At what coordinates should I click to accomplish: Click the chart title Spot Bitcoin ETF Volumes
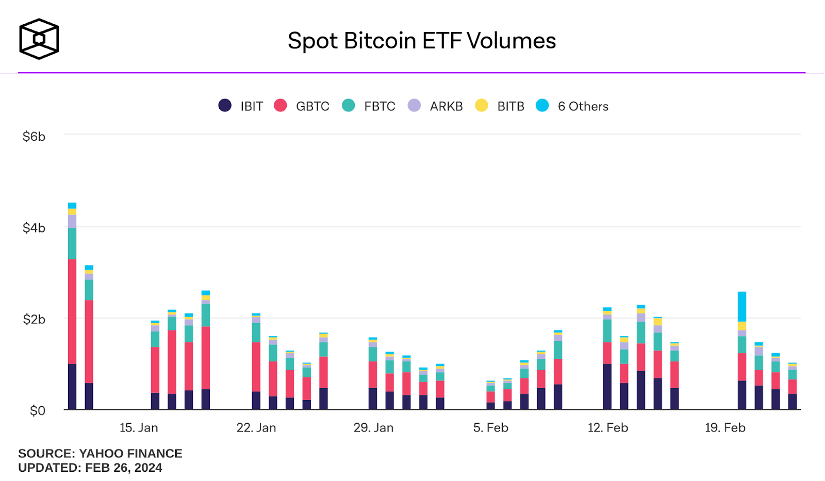tap(422, 41)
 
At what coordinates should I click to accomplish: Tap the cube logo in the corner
tap(39, 39)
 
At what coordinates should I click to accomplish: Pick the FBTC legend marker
tap(349, 106)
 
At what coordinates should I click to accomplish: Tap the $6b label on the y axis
tap(34, 137)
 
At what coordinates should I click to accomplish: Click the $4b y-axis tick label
tap(34, 228)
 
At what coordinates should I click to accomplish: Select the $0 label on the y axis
tap(37, 411)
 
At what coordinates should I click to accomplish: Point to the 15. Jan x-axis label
tap(139, 427)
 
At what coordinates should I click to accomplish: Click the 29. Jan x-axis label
tap(373, 427)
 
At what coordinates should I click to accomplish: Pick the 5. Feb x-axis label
tap(490, 427)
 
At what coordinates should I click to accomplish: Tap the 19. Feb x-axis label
tap(725, 427)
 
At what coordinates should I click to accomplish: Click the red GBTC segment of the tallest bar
tap(72, 311)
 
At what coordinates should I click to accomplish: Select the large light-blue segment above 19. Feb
tap(742, 307)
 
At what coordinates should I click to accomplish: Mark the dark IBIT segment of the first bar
tap(72, 387)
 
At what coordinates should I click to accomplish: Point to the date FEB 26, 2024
tap(124, 468)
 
